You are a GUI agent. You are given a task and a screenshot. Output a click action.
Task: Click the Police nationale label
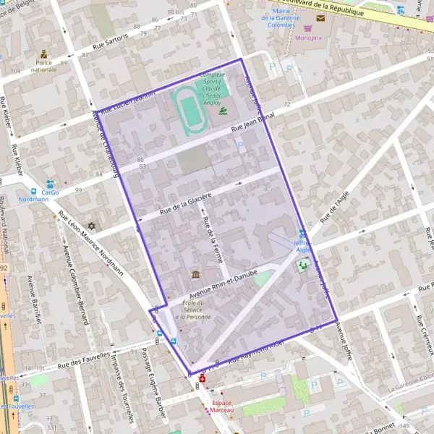click(45, 66)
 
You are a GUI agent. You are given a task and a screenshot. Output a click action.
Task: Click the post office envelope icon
click(320, 17)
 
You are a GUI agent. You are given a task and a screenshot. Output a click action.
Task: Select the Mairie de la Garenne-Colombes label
click(278, 17)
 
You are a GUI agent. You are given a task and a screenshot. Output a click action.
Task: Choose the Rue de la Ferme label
click(213, 239)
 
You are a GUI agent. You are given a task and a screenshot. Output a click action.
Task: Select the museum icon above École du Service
click(196, 274)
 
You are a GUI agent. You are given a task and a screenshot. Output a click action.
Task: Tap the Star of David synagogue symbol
click(91, 226)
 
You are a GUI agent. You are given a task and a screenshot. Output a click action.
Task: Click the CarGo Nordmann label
click(49, 195)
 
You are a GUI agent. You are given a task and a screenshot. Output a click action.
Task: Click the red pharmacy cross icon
click(202, 378)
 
